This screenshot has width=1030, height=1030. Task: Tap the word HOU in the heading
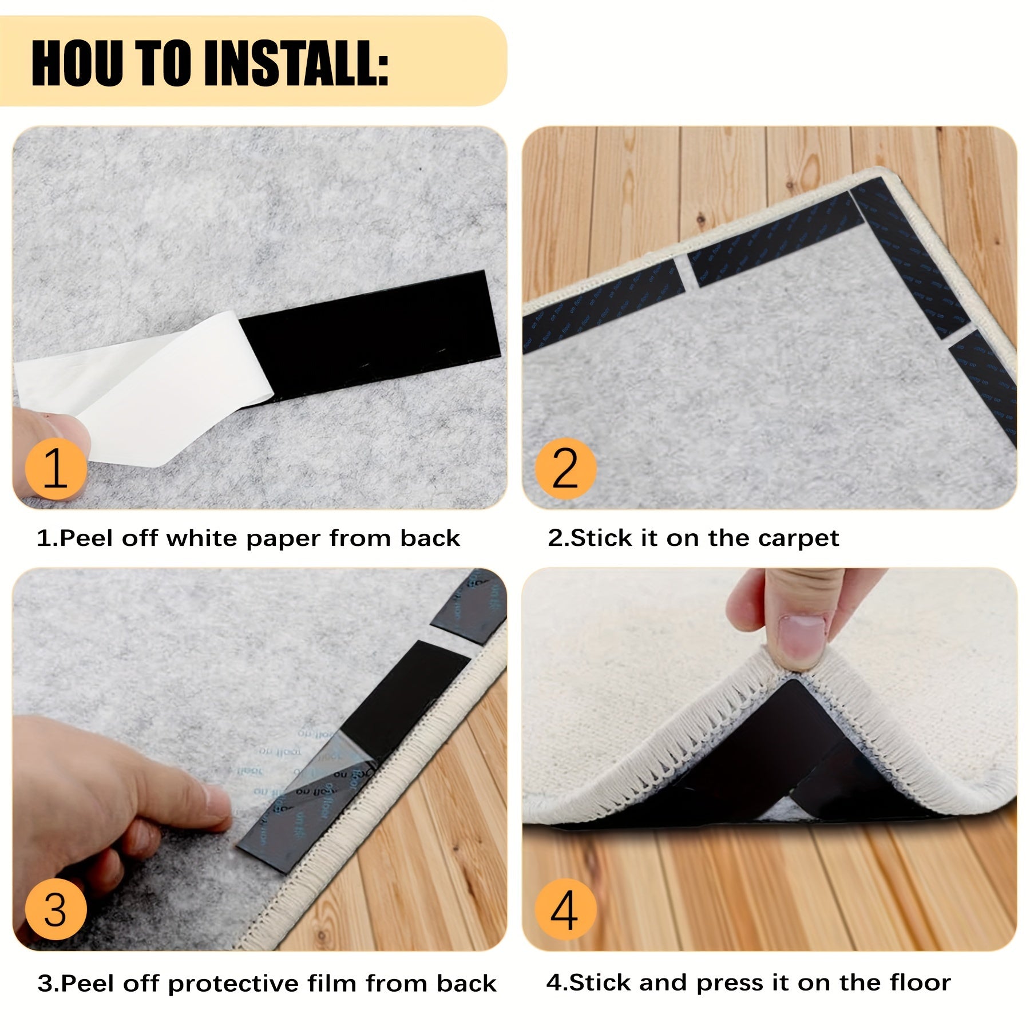(77, 63)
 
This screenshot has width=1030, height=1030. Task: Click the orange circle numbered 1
(56, 468)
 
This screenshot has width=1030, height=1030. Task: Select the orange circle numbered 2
(565, 468)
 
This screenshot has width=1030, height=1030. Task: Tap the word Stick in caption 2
(601, 538)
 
